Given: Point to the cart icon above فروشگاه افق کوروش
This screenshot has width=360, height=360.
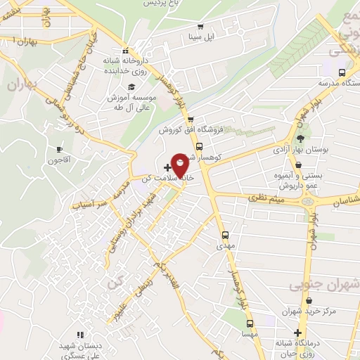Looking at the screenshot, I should click(190, 119).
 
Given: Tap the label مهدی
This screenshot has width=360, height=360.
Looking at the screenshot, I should click(225, 247).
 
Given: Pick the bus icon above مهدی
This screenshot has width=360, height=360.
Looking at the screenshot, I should click(225, 236).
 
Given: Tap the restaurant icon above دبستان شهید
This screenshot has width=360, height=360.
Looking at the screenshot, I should click(79, 334).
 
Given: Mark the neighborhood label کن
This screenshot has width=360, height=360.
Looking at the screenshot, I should click(115, 283).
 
